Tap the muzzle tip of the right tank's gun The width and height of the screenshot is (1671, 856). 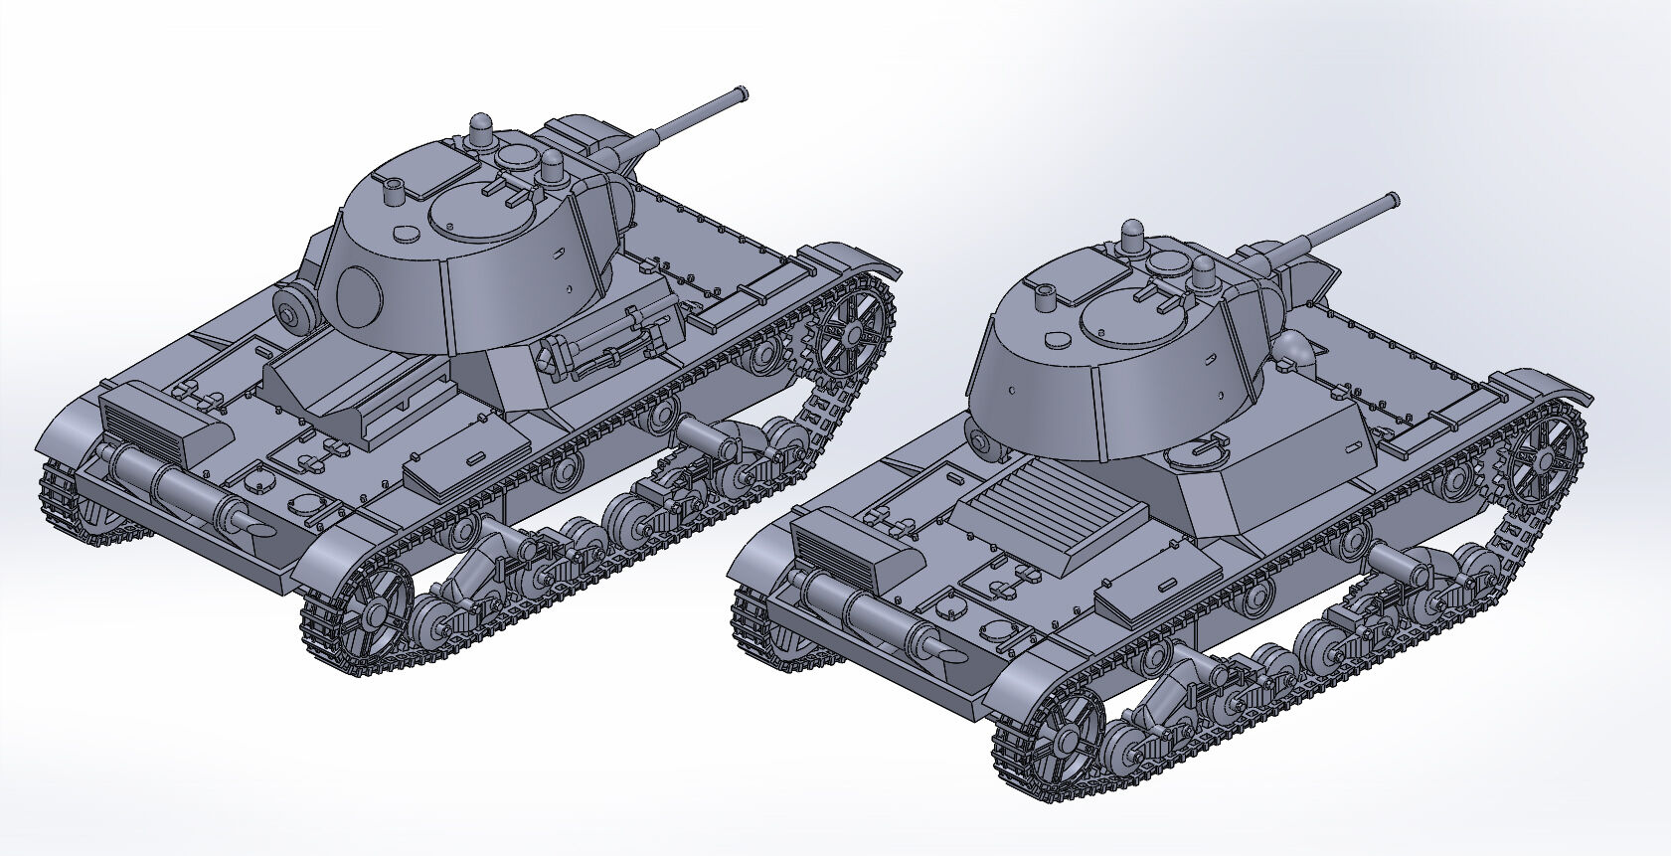(x=1395, y=200)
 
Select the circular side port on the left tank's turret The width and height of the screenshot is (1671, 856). (x=359, y=293)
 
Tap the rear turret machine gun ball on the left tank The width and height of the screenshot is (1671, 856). (x=292, y=314)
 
